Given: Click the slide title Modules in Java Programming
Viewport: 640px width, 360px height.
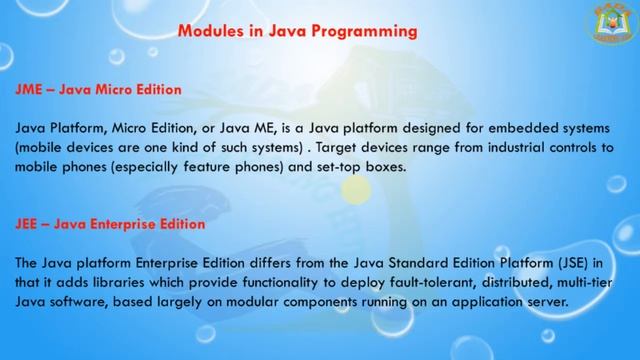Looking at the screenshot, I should pyautogui.click(x=297, y=31).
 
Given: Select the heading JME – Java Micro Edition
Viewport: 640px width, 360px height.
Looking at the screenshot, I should pyautogui.click(x=98, y=90).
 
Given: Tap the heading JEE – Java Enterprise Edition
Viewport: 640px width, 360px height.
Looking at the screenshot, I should pyautogui.click(x=110, y=224).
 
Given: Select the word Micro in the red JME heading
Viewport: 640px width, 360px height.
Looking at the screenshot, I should pyautogui.click(x=103, y=90).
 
